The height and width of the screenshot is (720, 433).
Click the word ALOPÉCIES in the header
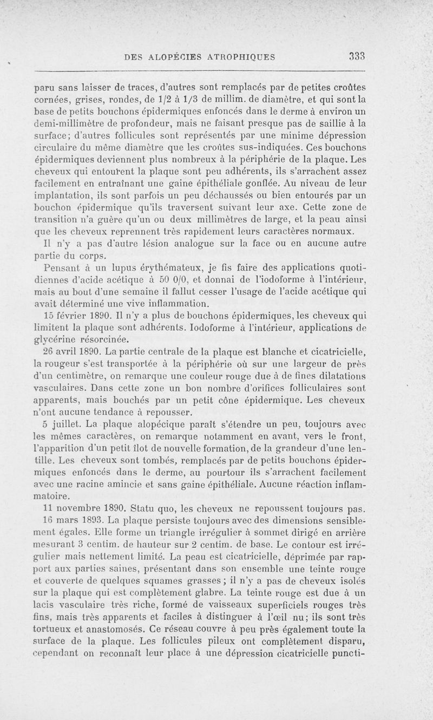point(176,56)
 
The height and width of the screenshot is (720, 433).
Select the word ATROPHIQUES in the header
point(242,56)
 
